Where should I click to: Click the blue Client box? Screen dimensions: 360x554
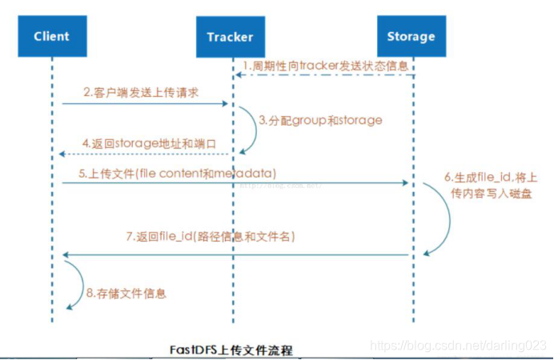[x=52, y=37]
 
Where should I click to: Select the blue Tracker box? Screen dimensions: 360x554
[x=230, y=37]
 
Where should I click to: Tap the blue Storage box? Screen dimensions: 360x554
[x=411, y=37]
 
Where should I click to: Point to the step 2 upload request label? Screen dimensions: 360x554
[x=141, y=93]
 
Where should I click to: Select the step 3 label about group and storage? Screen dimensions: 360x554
[x=320, y=121]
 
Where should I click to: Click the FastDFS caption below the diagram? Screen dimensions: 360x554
[x=231, y=350]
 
